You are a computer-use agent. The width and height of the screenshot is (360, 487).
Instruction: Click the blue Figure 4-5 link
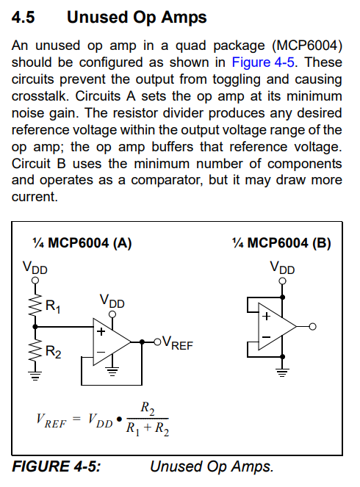(263, 62)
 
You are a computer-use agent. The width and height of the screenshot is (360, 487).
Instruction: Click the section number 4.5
(24, 17)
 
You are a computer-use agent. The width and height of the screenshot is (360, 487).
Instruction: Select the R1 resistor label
(53, 306)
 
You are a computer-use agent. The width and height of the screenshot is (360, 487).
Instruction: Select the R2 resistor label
(54, 352)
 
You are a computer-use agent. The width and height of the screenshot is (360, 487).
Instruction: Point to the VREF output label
(178, 343)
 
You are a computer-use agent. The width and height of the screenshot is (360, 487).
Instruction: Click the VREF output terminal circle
(157, 342)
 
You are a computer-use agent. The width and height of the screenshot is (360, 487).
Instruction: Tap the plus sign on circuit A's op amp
(101, 332)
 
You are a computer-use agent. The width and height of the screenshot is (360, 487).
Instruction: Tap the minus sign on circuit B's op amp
(266, 336)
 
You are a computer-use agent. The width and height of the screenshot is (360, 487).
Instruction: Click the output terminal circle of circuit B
(313, 326)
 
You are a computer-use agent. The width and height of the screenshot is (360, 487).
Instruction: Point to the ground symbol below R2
(35, 376)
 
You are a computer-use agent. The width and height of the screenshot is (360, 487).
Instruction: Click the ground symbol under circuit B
(282, 372)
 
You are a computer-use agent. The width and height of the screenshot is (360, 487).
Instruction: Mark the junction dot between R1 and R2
(35, 326)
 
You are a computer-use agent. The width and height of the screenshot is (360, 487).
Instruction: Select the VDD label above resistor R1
(35, 267)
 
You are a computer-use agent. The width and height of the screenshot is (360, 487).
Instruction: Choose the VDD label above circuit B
(282, 267)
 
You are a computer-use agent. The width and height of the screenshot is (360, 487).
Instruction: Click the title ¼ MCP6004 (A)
(82, 243)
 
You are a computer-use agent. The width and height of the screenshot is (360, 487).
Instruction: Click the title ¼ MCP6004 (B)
(281, 243)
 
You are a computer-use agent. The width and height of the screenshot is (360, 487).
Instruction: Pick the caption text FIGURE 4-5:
(57, 466)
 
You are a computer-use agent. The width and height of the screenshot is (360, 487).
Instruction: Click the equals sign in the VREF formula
(76, 419)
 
